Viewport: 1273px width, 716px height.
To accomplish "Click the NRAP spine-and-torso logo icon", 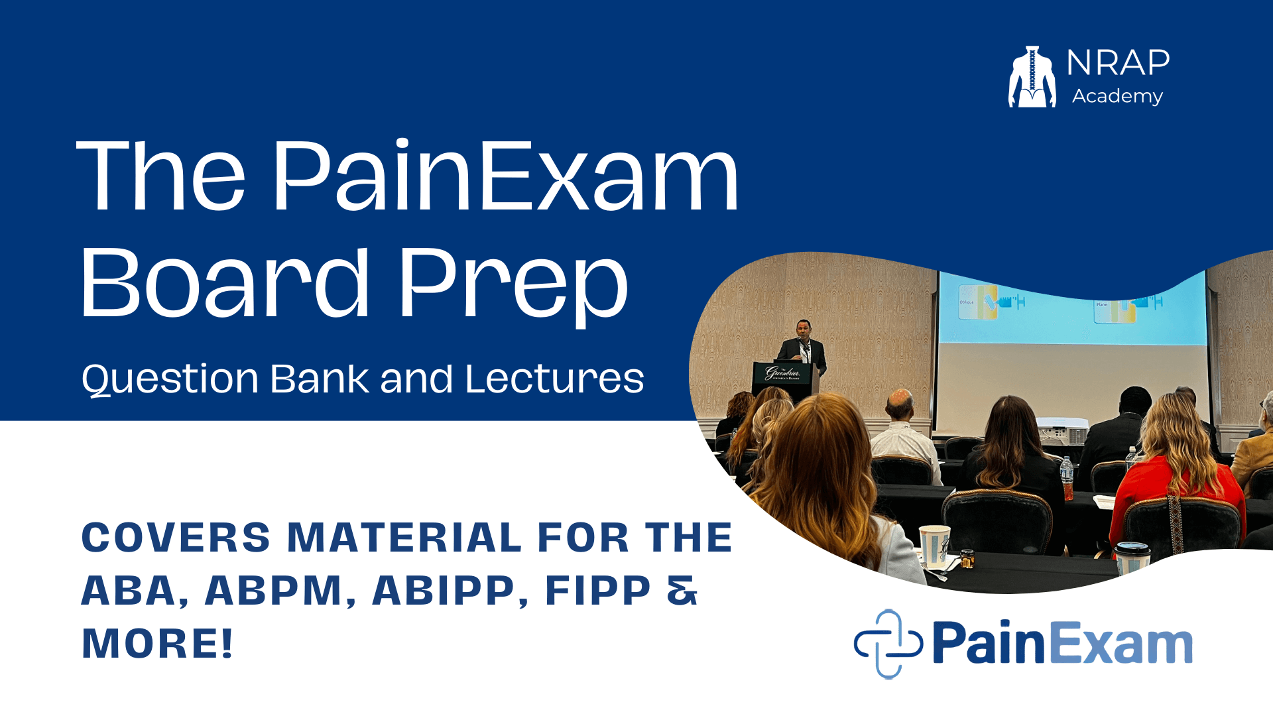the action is [1032, 76].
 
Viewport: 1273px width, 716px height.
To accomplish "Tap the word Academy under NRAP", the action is [1117, 97].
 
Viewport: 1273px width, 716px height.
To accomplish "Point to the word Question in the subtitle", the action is [170, 380].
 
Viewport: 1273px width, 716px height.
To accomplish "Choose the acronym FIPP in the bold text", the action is [597, 591].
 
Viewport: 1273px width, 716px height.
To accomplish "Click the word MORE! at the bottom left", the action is [157, 644].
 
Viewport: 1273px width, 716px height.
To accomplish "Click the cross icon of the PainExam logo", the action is [888, 644].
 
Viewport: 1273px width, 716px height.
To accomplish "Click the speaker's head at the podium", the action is [804, 329].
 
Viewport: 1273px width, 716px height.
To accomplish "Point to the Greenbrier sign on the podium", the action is [782, 373].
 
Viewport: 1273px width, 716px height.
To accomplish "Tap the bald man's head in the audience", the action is [900, 404].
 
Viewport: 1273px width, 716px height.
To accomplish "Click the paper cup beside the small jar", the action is [934, 546].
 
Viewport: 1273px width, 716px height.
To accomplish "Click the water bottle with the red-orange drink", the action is [1067, 479].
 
